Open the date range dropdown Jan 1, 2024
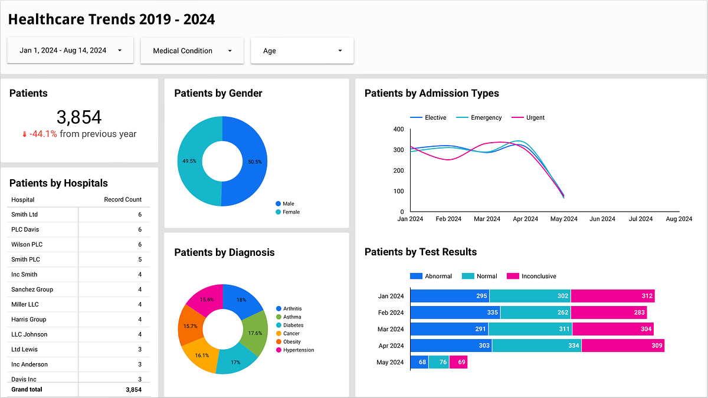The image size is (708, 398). point(70,51)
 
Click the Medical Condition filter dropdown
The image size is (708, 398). point(192,51)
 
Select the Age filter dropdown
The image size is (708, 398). point(302,51)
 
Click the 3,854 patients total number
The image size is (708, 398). point(79,117)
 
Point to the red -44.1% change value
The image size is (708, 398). point(40,134)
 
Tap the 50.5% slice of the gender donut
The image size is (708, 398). point(247,162)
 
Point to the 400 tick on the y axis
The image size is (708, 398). point(398,129)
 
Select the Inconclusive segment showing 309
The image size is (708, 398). point(623,346)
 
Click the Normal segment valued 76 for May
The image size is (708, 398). point(439,362)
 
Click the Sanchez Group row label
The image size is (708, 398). point(32,290)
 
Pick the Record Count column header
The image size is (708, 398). point(123,199)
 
